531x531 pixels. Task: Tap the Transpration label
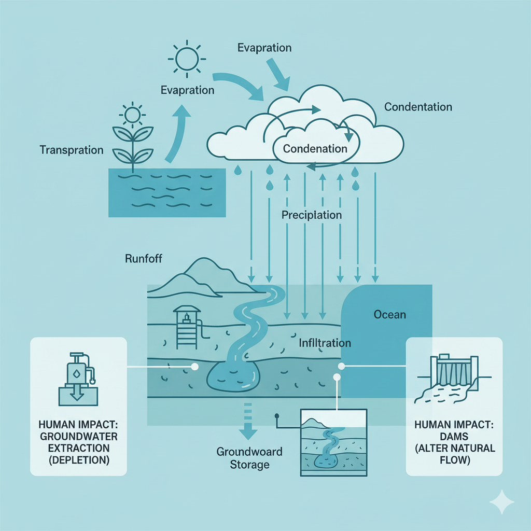tap(72, 150)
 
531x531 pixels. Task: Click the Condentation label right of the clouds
tap(418, 107)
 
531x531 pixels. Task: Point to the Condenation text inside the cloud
tap(315, 148)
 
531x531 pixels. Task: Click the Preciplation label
tap(311, 214)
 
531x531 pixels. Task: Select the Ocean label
tap(389, 314)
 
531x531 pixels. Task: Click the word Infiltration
tap(325, 343)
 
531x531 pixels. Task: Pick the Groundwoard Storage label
tap(249, 457)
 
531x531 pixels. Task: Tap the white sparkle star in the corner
tap(502, 501)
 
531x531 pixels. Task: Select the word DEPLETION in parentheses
tap(78, 460)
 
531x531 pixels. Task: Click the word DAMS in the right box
tap(454, 436)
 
